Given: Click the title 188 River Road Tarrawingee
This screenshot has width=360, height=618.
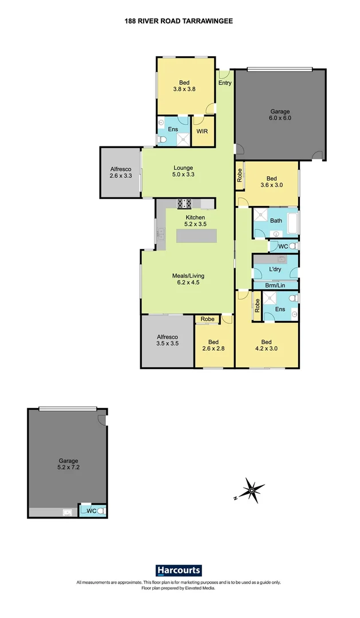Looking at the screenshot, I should [179, 21].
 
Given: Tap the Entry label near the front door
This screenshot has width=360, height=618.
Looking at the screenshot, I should [225, 83].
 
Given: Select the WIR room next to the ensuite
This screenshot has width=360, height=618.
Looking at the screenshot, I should [202, 131].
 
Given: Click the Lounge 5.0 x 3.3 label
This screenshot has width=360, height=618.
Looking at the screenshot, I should [184, 171].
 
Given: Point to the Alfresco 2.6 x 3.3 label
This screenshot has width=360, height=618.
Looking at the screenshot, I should [121, 173].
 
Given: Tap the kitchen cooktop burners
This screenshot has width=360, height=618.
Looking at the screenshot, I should [185, 203].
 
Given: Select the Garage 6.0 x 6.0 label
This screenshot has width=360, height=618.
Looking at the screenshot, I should [280, 115].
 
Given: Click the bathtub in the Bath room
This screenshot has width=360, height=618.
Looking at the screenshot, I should [292, 223].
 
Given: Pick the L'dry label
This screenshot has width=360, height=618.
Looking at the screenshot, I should [276, 269].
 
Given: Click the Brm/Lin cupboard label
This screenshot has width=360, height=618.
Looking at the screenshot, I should [275, 285].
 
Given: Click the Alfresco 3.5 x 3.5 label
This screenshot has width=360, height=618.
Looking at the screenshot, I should [167, 341].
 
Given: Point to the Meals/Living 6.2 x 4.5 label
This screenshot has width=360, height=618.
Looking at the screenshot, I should [188, 279].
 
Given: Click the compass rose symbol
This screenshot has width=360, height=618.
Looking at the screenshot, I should [251, 490].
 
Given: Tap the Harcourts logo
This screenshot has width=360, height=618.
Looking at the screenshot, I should [179, 571].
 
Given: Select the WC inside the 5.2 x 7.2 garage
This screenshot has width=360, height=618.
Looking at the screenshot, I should [92, 511].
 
